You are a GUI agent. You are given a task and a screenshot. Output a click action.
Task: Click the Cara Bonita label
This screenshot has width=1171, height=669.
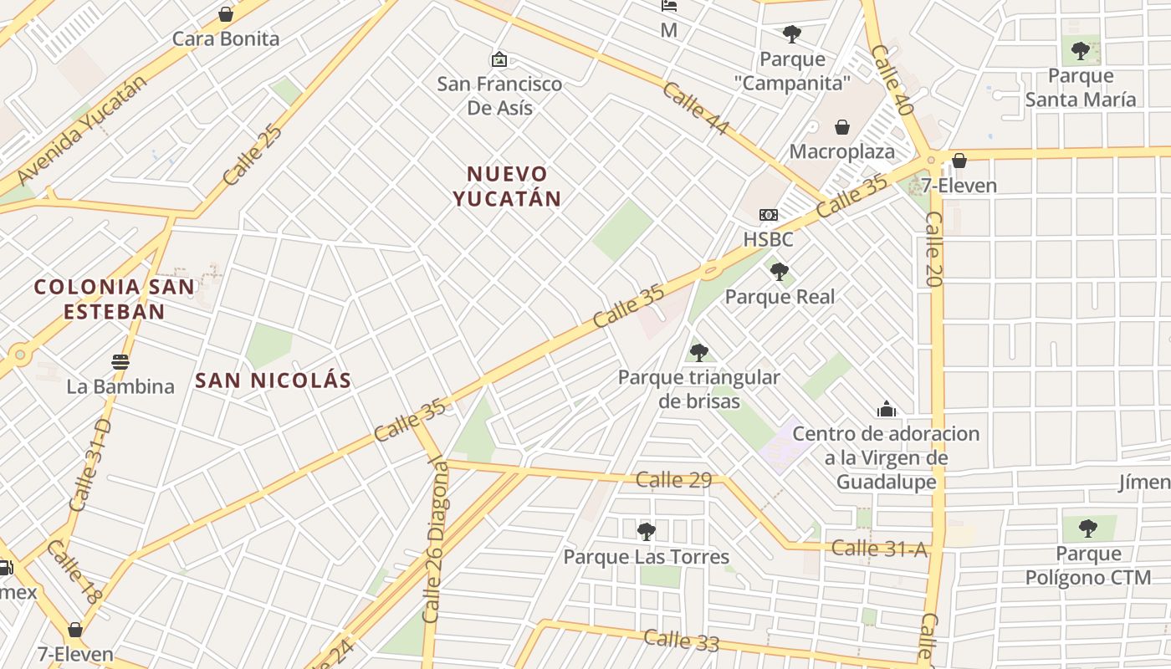point(225,38)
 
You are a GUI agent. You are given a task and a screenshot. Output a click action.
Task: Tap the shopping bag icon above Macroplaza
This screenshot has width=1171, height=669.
point(842,127)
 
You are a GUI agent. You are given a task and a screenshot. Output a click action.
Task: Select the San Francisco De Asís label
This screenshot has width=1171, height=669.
point(499,95)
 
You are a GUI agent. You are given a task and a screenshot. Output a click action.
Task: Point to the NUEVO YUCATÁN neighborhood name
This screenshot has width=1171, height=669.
point(506,186)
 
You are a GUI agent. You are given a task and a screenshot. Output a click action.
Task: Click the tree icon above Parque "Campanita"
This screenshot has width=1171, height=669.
point(791,34)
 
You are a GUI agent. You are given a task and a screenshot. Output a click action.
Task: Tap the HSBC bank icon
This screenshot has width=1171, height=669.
point(768,215)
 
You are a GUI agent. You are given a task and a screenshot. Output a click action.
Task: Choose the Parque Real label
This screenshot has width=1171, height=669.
point(780,296)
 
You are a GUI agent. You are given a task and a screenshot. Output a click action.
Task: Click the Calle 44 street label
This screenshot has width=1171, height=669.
point(695,109)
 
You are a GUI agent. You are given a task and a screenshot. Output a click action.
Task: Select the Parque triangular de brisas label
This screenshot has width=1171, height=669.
point(698,389)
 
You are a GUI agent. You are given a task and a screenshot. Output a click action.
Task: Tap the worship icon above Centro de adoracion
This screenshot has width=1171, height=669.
point(886,409)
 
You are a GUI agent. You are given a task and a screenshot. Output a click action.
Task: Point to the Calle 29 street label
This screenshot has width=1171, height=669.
point(673,479)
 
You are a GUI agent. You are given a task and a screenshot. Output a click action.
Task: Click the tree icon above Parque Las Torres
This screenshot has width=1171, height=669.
point(646,531)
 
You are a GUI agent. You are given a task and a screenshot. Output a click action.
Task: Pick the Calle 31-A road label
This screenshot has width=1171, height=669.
point(879,549)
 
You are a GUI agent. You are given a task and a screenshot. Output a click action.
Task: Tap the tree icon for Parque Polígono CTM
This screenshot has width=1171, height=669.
point(1087,528)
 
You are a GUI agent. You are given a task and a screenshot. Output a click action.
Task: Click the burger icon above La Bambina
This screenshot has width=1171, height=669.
point(120,362)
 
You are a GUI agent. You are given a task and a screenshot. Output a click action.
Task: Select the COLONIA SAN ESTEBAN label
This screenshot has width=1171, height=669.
point(114,299)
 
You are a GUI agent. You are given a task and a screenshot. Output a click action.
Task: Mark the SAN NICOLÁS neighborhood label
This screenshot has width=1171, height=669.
point(273,380)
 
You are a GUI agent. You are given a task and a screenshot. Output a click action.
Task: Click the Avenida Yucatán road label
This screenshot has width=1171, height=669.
point(81,130)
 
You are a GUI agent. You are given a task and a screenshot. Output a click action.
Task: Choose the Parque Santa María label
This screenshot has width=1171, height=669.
point(1081,88)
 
